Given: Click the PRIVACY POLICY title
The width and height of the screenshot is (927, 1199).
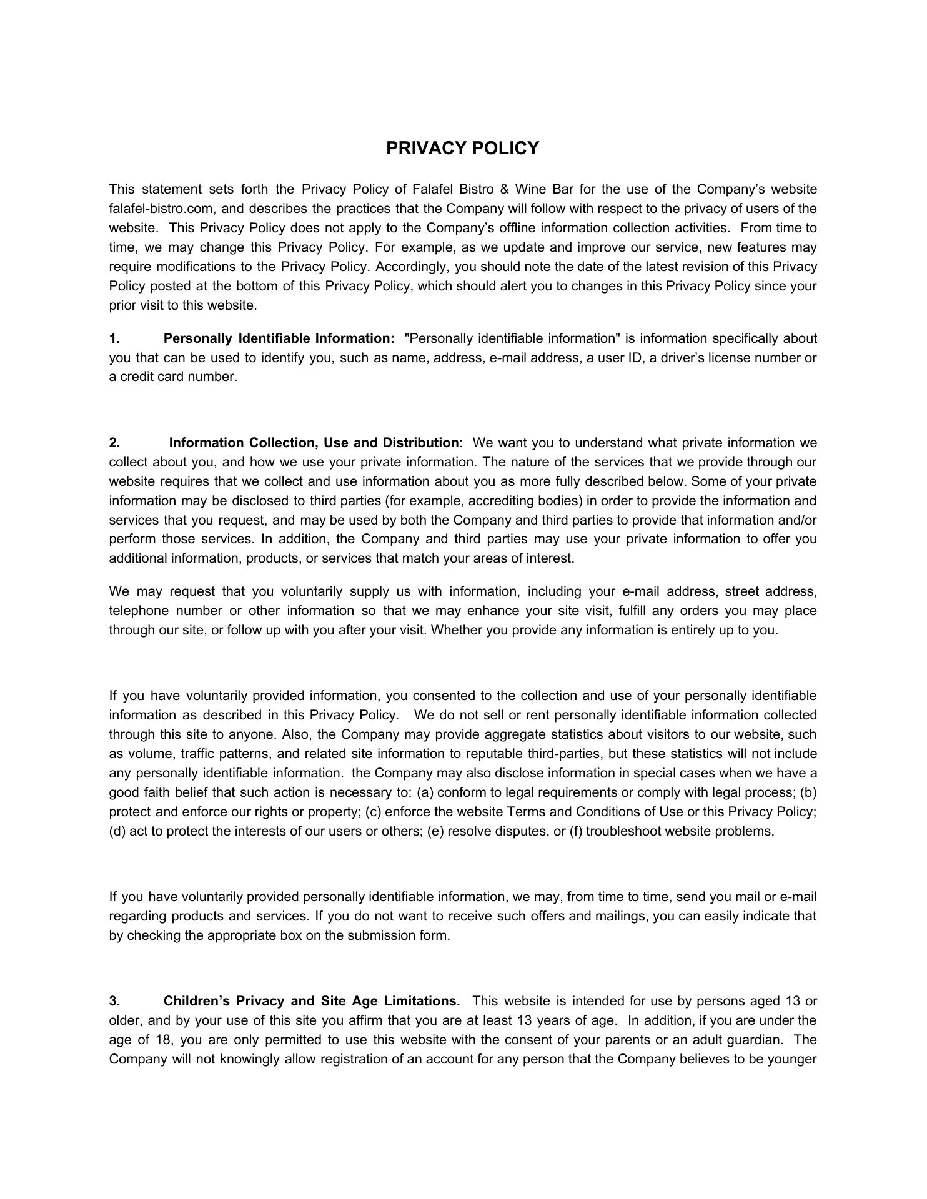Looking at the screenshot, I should [462, 149].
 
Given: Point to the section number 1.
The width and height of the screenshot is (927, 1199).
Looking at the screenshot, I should [114, 338].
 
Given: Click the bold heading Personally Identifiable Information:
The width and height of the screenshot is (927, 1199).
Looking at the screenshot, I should [279, 338].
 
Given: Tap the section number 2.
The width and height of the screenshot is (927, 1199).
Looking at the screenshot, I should [114, 443].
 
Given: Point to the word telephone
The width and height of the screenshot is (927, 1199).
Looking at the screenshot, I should [139, 611].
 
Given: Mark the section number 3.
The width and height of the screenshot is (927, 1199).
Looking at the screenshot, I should [114, 1001].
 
